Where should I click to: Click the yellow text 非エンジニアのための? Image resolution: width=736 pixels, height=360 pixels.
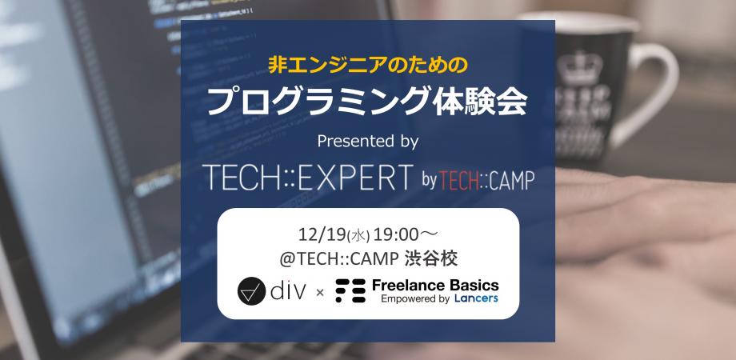point(367,63)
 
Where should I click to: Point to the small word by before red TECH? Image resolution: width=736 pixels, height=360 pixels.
point(431,178)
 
